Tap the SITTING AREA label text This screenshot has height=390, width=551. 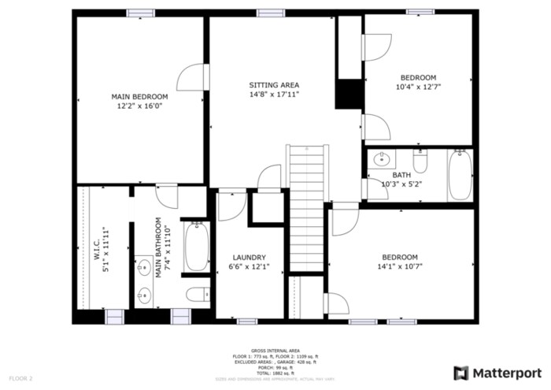click(x=274, y=84)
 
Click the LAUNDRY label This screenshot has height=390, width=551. click(x=249, y=258)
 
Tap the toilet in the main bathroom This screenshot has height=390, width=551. click(x=196, y=295)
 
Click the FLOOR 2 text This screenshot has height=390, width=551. click(x=20, y=379)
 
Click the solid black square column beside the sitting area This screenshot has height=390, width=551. click(x=348, y=95)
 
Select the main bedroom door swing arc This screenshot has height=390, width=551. click(x=190, y=79)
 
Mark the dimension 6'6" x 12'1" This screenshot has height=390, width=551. click(x=249, y=267)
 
